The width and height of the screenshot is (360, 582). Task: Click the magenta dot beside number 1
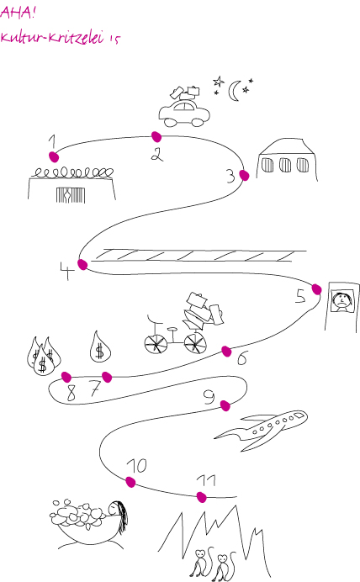click(54, 156)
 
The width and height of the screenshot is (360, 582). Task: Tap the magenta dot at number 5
click(316, 289)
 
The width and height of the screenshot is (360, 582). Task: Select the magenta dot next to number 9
click(225, 405)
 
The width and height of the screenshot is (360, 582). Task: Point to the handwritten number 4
click(66, 271)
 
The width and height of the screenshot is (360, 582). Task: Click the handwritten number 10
click(137, 466)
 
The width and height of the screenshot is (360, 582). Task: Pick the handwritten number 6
click(242, 358)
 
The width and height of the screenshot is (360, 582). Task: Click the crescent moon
click(234, 92)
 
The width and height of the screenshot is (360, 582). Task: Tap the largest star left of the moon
click(219, 82)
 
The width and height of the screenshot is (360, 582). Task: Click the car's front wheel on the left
click(171, 122)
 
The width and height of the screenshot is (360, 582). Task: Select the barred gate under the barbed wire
click(71, 195)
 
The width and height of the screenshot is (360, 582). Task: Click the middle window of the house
click(285, 165)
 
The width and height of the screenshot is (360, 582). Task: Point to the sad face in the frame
click(342, 300)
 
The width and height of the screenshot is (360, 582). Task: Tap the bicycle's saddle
click(172, 329)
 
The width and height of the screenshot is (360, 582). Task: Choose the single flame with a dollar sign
click(100, 347)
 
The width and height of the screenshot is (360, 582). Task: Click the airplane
click(262, 430)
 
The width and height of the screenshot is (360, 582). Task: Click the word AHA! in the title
click(18, 13)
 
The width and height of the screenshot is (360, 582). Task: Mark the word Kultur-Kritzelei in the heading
click(52, 37)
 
